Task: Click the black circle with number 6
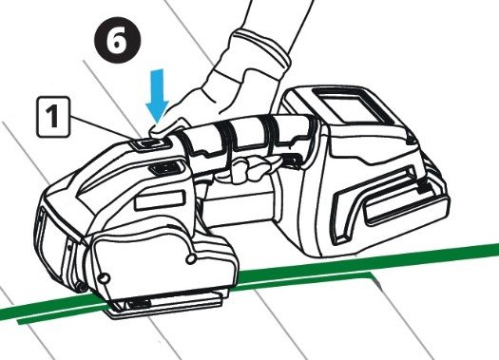[118, 41]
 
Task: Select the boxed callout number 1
[53, 117]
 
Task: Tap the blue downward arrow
[158, 96]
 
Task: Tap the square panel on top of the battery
[350, 104]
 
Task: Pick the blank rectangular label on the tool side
[160, 200]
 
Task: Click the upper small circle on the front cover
[191, 259]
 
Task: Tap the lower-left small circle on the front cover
[104, 279]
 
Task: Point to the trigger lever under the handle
[247, 169]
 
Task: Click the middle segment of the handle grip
[249, 136]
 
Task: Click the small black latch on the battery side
[422, 187]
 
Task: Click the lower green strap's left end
[20, 322]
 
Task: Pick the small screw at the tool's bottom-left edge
[82, 288]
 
